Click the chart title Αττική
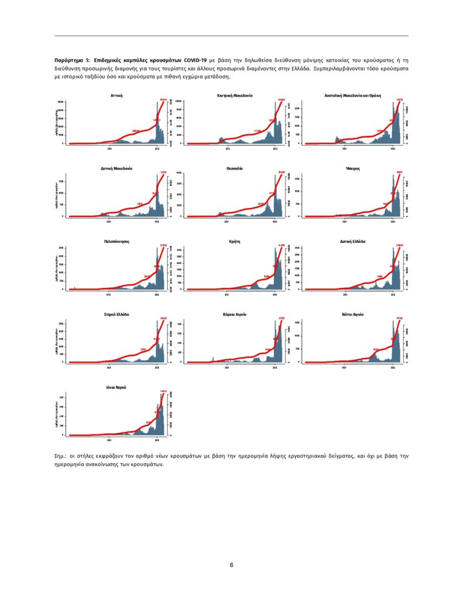[116, 95]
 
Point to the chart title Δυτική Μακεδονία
[116, 168]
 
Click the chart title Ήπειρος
[353, 168]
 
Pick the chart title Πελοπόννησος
[116, 241]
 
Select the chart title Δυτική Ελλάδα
[353, 241]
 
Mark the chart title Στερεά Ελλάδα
[116, 314]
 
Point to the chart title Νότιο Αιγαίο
[353, 314]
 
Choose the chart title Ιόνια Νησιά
[116, 387]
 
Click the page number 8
[232, 565]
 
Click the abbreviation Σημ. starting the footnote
[60, 455]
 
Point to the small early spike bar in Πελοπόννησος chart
[75, 288]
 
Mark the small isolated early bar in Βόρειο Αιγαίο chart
[213, 359]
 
